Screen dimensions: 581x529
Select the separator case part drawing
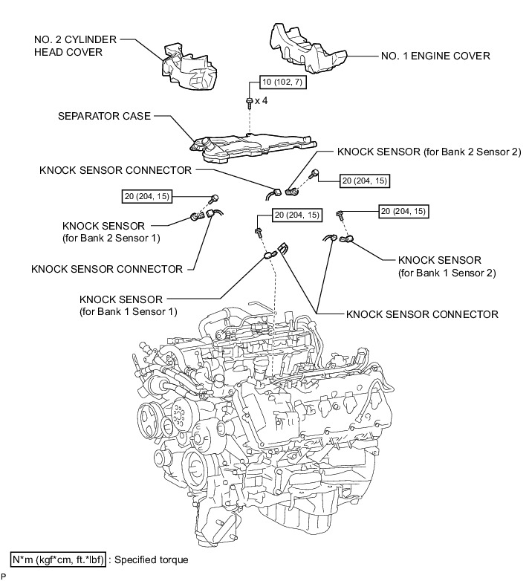point(245,146)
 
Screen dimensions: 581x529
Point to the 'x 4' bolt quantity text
point(261,100)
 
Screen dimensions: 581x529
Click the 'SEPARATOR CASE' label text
point(104,117)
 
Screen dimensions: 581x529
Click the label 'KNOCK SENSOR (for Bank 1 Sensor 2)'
point(440,266)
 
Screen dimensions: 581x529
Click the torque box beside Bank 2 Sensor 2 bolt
point(364,180)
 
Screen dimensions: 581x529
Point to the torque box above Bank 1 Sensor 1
point(298,215)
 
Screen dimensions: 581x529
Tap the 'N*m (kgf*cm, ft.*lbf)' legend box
point(58,559)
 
